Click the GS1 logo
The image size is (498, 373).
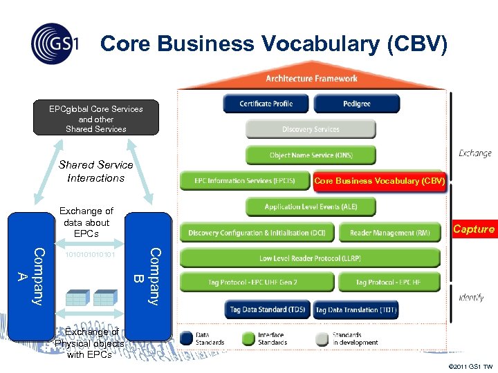tap(55, 44)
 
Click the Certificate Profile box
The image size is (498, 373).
tap(266, 104)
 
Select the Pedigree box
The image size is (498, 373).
tap(356, 104)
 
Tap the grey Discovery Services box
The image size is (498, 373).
tap(311, 129)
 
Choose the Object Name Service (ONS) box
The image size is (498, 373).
tap(311, 155)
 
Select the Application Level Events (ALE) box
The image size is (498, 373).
tap(311, 207)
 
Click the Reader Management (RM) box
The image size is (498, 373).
tap(389, 233)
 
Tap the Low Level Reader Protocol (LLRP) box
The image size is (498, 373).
tap(310, 258)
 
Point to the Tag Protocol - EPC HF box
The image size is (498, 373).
tap(389, 283)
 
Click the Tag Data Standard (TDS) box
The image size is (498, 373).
tap(267, 310)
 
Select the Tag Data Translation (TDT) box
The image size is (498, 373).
tap(356, 310)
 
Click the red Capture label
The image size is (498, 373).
tap(474, 229)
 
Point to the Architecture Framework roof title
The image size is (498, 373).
tap(311, 79)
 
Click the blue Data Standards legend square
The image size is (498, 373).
tap(186, 338)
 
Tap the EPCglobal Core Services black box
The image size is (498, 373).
tap(96, 119)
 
